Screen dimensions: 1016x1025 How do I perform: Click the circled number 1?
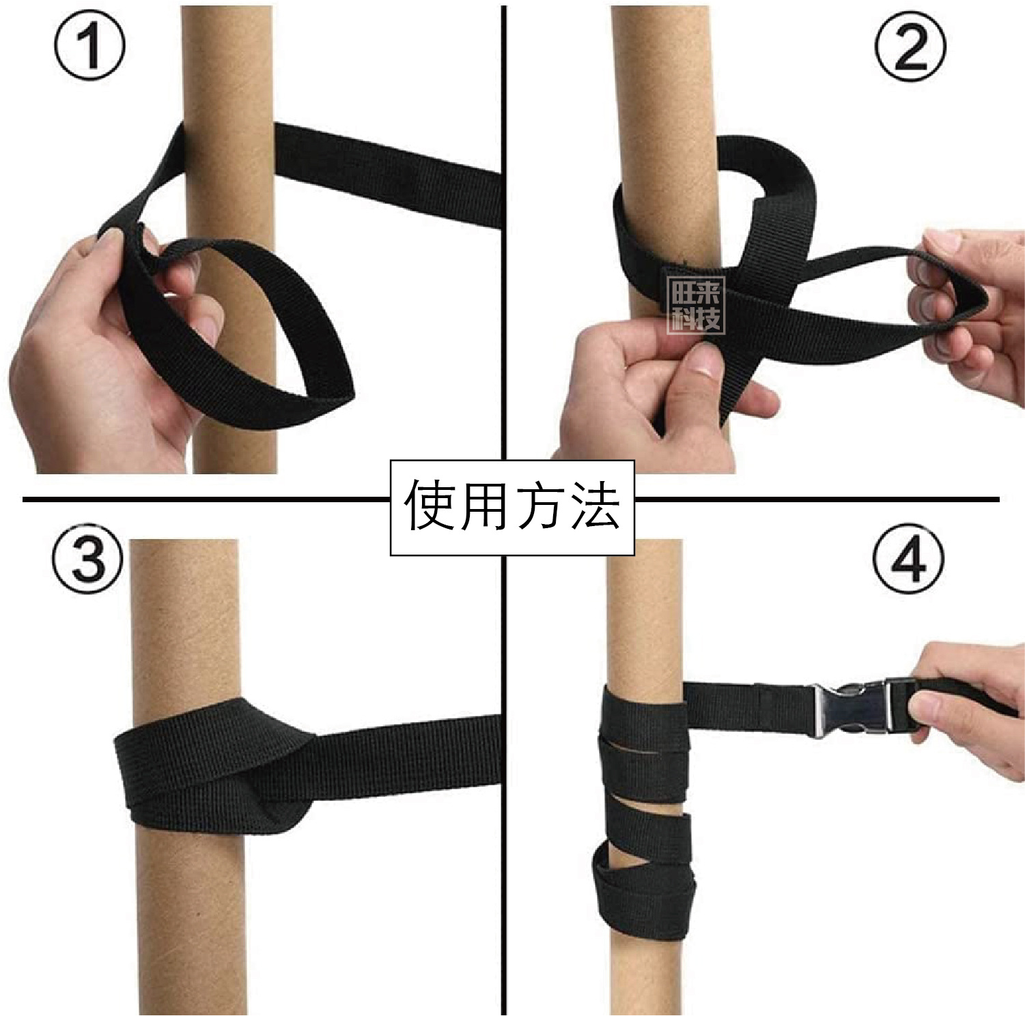(x=89, y=46)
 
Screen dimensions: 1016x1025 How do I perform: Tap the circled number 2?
(x=910, y=46)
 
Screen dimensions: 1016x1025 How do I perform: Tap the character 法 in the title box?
(x=595, y=507)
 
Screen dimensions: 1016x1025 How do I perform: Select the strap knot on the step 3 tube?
(x=280, y=785)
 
